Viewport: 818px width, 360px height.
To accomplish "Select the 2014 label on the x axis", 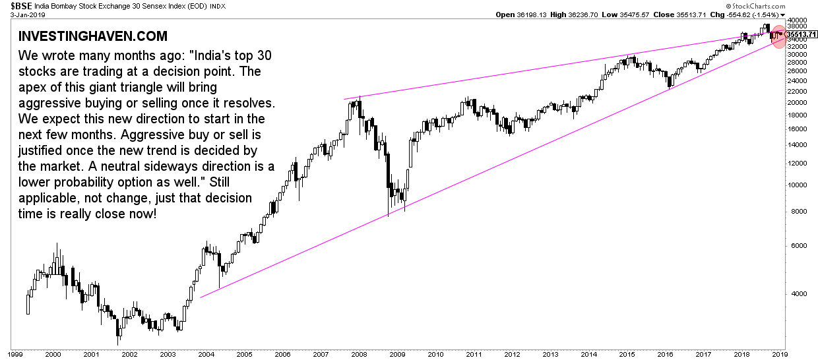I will tap(590, 354).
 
